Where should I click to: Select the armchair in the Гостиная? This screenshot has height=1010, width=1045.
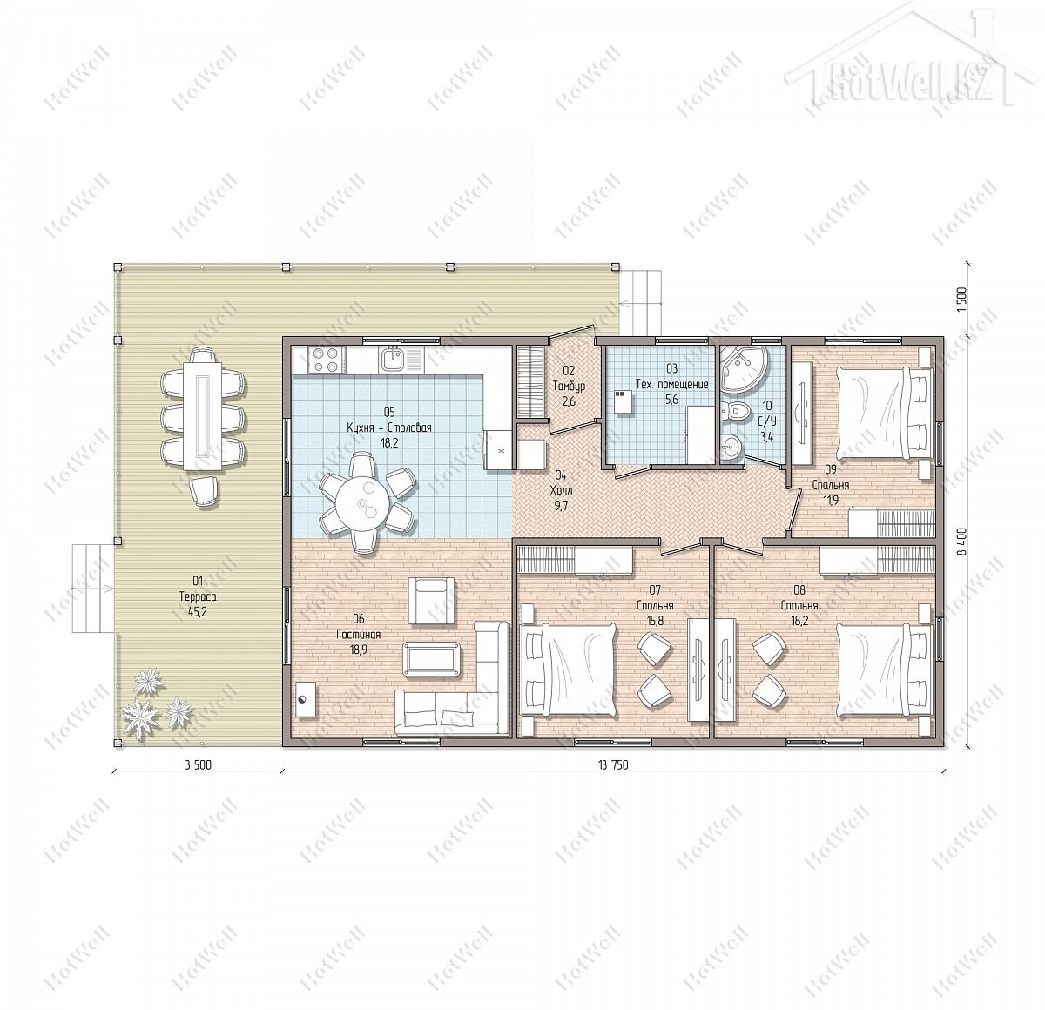pyautogui.click(x=431, y=601)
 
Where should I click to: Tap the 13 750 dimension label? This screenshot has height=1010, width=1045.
pyautogui.click(x=613, y=765)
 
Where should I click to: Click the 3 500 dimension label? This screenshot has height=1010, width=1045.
pyautogui.click(x=199, y=765)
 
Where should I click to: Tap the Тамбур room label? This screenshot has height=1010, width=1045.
pyautogui.click(x=569, y=386)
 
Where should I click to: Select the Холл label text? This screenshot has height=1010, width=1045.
pyautogui.click(x=561, y=490)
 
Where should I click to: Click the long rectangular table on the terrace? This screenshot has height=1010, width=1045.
pyautogui.click(x=202, y=408)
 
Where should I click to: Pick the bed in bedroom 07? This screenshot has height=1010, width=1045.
pyautogui.click(x=570, y=670)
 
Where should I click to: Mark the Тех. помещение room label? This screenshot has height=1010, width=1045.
pyautogui.click(x=671, y=385)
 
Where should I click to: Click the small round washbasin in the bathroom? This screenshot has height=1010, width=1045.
pyautogui.click(x=731, y=443)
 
